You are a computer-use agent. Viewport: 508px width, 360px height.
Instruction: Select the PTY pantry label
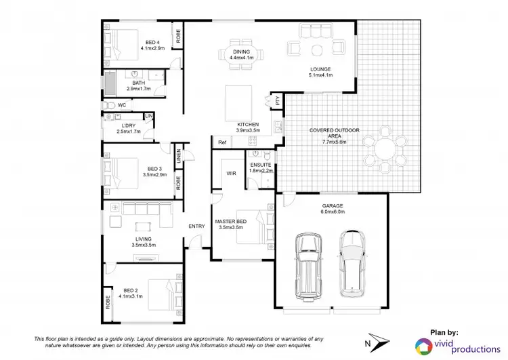coord(277,100)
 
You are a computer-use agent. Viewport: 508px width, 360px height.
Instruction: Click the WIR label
coord(230,173)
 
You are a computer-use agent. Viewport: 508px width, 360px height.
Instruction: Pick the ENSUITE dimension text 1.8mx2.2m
coord(261,171)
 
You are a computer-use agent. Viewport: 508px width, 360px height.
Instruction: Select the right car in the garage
coord(353,262)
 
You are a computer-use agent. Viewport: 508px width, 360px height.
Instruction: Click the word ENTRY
coord(196,226)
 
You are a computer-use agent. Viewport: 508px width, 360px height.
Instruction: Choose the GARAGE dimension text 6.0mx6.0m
coord(332,212)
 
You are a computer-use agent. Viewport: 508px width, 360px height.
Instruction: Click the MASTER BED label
coord(231,222)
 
